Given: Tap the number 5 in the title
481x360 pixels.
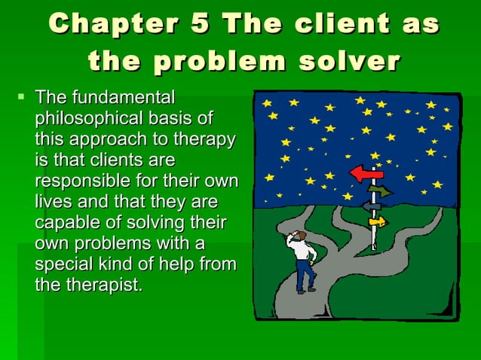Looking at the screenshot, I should click(200, 24).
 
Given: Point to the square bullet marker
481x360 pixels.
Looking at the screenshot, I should click(20, 97).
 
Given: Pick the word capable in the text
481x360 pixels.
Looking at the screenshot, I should click(63, 224).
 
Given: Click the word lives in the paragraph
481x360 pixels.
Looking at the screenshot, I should click(51, 203).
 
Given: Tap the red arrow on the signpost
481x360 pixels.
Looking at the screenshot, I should click(366, 175).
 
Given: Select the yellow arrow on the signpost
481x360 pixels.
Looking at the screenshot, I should click(377, 221).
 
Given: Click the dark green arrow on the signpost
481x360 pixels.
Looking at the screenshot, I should click(382, 191).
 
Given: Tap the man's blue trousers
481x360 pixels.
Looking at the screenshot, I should click(305, 275).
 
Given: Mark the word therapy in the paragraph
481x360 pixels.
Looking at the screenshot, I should click(207, 140).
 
